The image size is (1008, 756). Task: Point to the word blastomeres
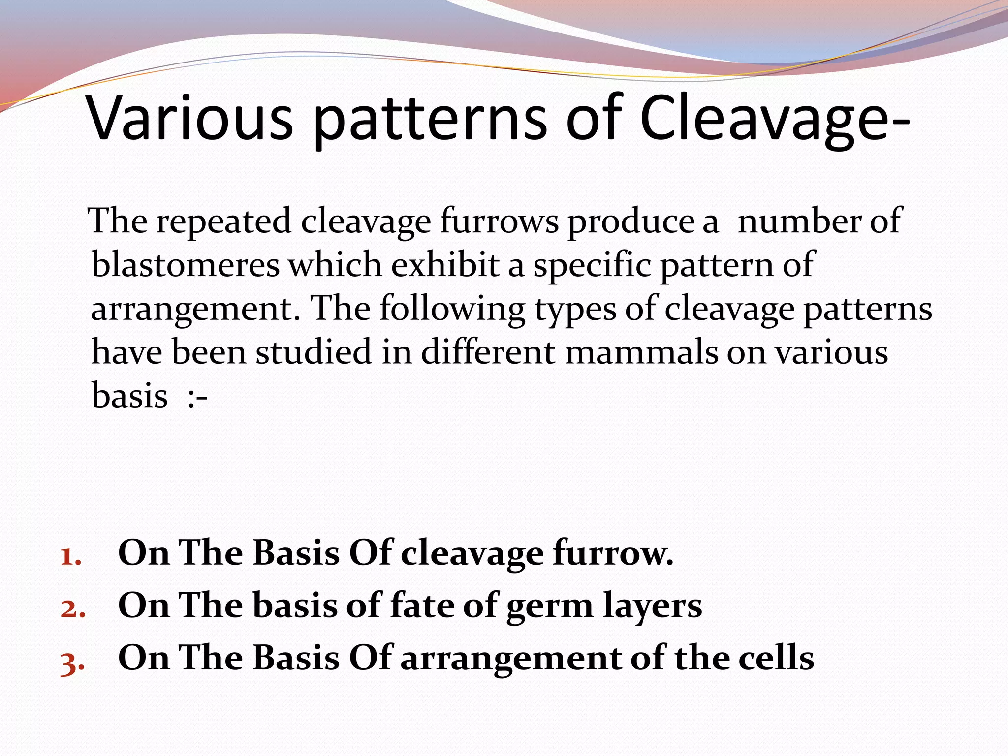[186, 265]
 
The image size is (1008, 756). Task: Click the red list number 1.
[70, 557]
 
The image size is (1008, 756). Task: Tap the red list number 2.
[73, 609]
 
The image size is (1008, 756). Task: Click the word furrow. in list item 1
[613, 553]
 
